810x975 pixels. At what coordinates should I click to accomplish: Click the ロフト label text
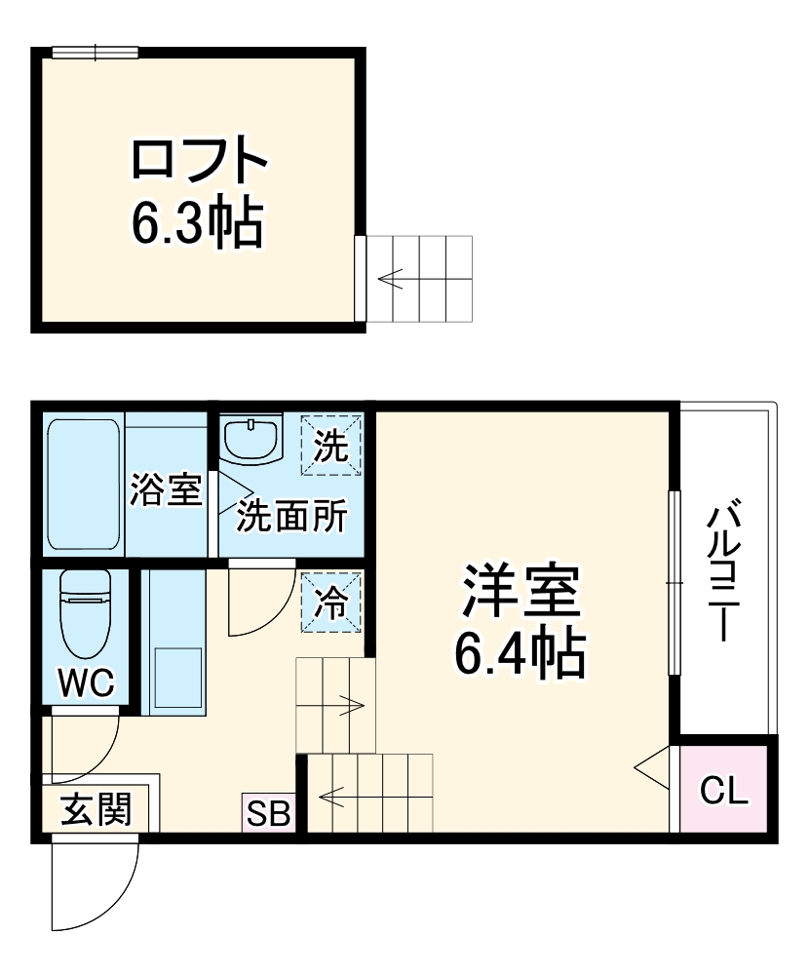tap(199, 162)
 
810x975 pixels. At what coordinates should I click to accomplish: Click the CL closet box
tap(725, 791)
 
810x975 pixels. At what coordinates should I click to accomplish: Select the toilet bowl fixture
tap(86, 614)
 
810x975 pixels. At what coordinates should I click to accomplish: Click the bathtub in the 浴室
tap(84, 485)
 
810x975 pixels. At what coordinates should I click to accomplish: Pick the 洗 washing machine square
tap(331, 446)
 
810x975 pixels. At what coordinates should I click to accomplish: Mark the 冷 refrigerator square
tap(331, 603)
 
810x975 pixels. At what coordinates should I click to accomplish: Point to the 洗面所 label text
tap(291, 517)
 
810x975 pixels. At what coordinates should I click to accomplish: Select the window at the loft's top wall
tap(95, 52)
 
